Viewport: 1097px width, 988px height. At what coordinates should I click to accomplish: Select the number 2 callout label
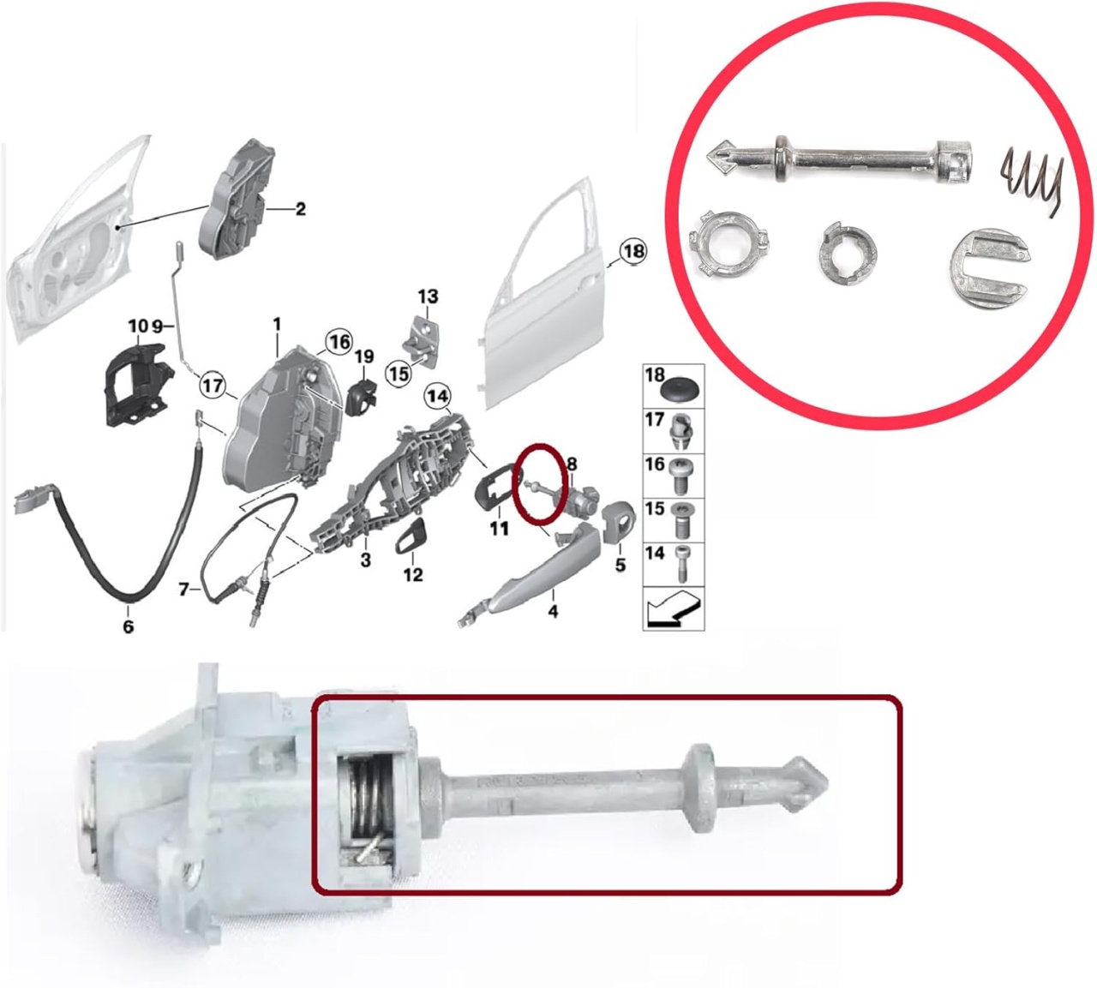pyautogui.click(x=300, y=209)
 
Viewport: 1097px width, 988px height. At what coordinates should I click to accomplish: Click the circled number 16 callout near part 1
pyautogui.click(x=339, y=342)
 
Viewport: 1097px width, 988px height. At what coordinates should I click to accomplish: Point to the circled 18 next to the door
pyautogui.click(x=632, y=251)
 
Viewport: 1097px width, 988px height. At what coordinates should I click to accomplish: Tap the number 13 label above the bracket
pyautogui.click(x=429, y=296)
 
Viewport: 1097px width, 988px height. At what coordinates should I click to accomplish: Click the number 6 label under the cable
pyautogui.click(x=128, y=626)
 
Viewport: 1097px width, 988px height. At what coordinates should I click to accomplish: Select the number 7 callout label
pyautogui.click(x=184, y=590)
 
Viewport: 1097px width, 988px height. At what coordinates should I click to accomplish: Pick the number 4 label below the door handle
pyautogui.click(x=553, y=611)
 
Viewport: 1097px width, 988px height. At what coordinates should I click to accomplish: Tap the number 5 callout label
pyautogui.click(x=620, y=564)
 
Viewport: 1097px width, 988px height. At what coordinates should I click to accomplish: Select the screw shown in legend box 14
pyautogui.click(x=681, y=564)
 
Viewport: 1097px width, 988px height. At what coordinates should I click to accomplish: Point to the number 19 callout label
pyautogui.click(x=364, y=357)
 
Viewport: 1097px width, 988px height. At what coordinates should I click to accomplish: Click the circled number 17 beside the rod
pyautogui.click(x=213, y=386)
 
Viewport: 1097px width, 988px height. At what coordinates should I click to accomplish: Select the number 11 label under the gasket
pyautogui.click(x=500, y=529)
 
